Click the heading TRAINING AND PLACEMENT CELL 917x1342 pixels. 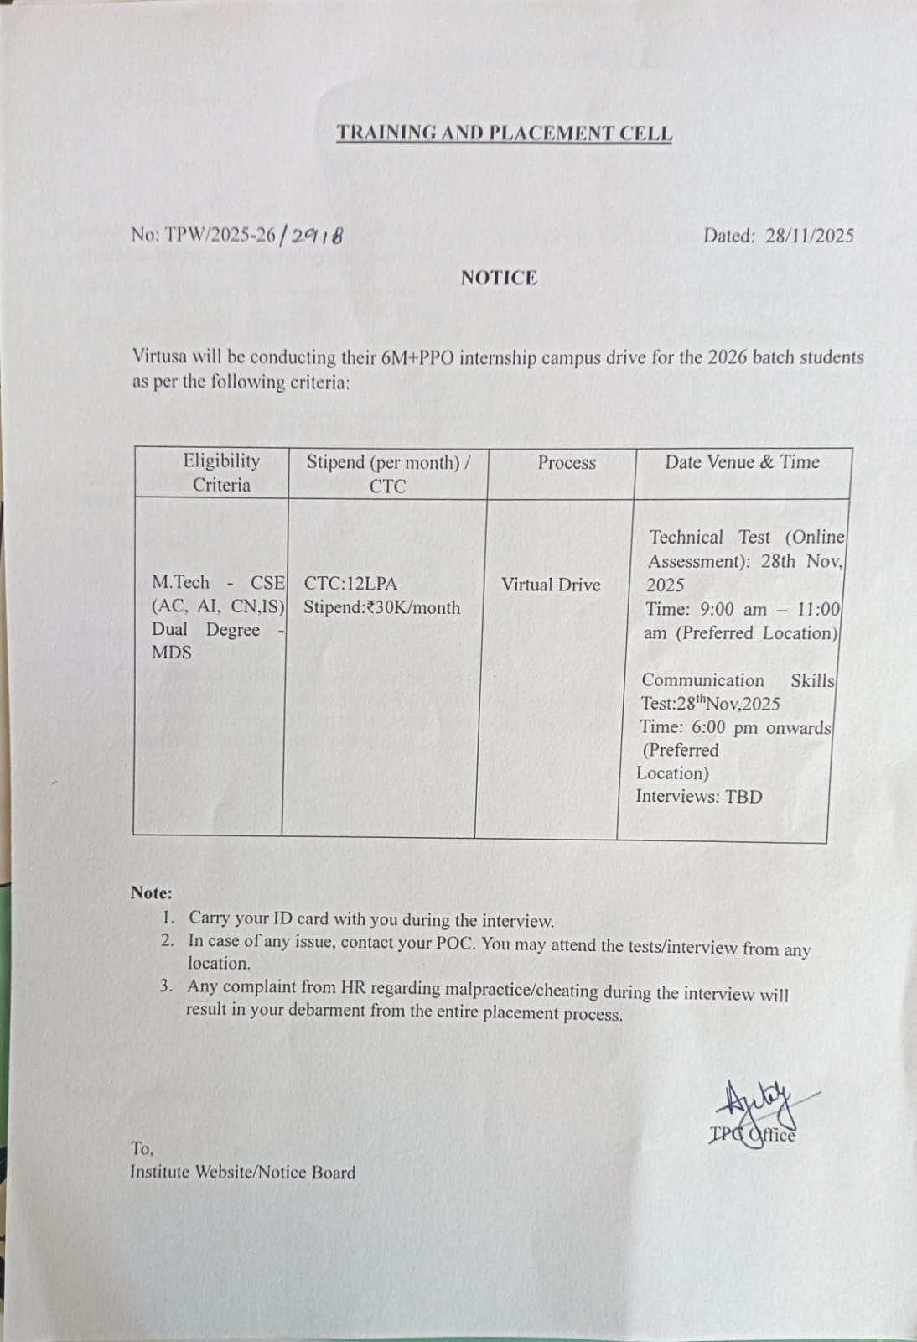pos(504,133)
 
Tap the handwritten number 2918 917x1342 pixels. pos(316,236)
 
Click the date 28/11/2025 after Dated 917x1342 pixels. pos(809,236)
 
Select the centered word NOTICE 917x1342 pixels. pos(499,278)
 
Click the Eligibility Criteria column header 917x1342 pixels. pos(221,472)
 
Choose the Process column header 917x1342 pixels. pos(567,462)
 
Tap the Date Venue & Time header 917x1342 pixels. pos(742,461)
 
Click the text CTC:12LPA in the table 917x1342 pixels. pos(350,584)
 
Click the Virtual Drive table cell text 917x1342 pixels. pos(551,585)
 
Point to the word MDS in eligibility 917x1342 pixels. pos(171,653)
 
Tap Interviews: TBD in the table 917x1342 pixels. pos(699,796)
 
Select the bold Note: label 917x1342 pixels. pos(151,892)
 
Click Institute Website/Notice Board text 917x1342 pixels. pos(242,1172)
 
